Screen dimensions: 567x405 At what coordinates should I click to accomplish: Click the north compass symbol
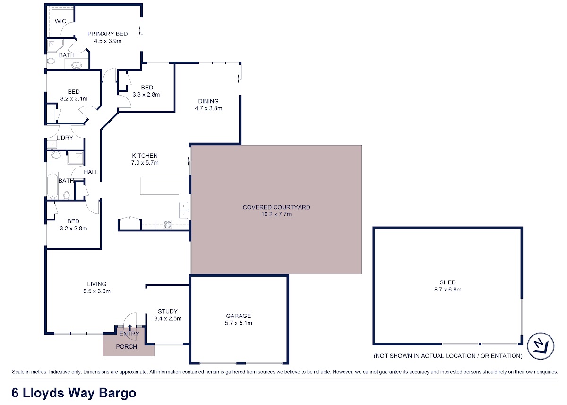click(541, 346)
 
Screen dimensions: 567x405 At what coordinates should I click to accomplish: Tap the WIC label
click(60, 21)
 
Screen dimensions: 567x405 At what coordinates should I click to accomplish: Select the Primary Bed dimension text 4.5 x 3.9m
click(108, 41)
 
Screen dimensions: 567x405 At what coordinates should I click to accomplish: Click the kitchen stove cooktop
click(167, 224)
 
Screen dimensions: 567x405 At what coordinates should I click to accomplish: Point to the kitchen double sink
click(183, 210)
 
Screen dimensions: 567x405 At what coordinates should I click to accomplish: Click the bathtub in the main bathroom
click(52, 185)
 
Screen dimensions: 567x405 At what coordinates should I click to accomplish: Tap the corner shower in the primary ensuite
click(55, 46)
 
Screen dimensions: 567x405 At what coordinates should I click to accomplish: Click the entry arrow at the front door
click(130, 327)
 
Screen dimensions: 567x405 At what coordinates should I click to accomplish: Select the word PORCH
click(126, 346)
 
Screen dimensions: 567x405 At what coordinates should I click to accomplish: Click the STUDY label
click(168, 311)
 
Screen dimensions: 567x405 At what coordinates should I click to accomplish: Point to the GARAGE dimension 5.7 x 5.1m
click(239, 323)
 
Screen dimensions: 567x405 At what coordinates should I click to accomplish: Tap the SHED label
click(448, 282)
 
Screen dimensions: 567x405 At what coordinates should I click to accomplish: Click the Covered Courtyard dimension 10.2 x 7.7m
click(276, 214)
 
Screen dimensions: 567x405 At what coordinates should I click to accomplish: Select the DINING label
click(208, 101)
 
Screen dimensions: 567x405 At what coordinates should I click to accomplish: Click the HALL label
click(91, 172)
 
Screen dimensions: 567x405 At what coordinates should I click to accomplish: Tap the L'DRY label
click(65, 138)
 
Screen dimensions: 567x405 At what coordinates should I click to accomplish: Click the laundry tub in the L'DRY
click(52, 144)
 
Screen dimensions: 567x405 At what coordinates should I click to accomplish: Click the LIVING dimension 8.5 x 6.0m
click(97, 291)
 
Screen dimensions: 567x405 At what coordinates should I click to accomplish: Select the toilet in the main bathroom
click(67, 195)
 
